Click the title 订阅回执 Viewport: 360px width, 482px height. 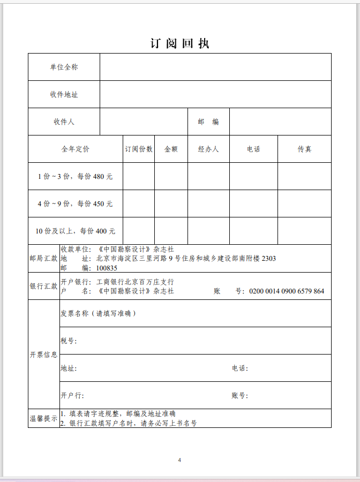point(180,44)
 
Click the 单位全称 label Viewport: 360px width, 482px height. point(64,67)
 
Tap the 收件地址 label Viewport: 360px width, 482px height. point(64,94)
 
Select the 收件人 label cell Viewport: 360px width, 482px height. point(64,122)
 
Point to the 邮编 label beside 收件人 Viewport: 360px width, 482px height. point(208,122)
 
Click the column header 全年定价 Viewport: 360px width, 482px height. point(75,149)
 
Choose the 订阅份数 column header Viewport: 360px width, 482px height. point(139,149)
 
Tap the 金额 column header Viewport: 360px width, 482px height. point(171,149)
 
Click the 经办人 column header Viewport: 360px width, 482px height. point(208,149)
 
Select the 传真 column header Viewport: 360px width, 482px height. point(304,149)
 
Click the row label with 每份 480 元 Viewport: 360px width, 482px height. point(75,176)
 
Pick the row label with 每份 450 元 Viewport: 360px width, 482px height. point(75,204)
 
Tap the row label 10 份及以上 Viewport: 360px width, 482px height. point(75,231)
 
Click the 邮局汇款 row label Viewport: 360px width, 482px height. point(43,258)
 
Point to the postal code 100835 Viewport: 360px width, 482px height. point(107,268)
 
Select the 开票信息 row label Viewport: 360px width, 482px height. point(43,355)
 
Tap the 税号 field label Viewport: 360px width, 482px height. point(69,341)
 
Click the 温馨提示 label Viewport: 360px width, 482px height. point(43,418)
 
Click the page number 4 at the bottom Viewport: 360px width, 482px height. point(180,460)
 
